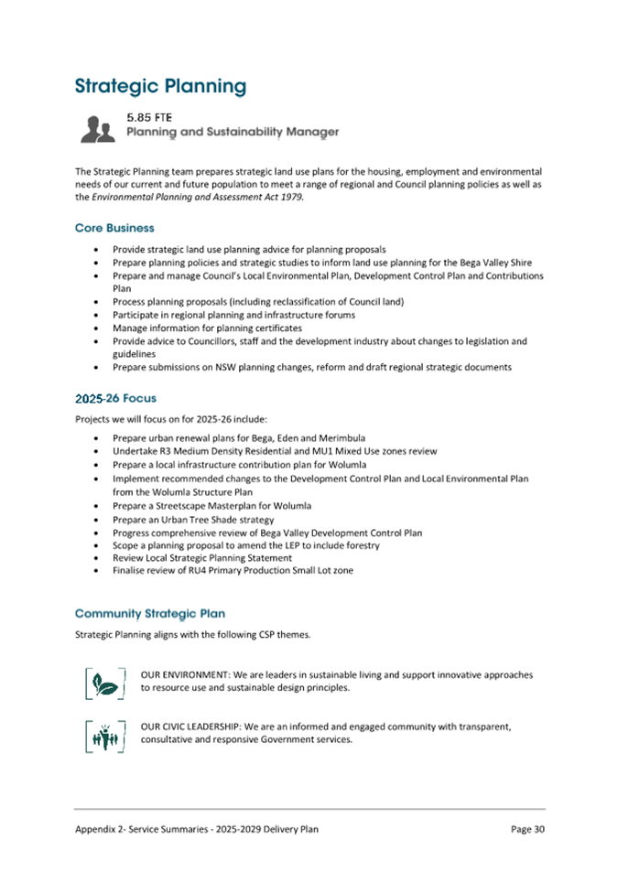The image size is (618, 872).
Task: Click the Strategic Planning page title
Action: (x=160, y=87)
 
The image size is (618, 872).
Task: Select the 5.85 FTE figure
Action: (x=150, y=117)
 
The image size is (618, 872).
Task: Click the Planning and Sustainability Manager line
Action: (x=232, y=133)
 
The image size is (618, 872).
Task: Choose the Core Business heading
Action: (x=114, y=228)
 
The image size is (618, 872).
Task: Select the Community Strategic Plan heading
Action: (x=149, y=612)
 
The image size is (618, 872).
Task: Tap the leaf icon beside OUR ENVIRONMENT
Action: (x=104, y=683)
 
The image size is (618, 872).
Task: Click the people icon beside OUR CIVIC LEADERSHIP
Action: (x=104, y=735)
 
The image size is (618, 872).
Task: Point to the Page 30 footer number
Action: (x=527, y=829)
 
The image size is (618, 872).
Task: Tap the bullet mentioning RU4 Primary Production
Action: (x=233, y=571)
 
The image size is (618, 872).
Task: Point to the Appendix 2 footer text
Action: (x=197, y=829)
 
